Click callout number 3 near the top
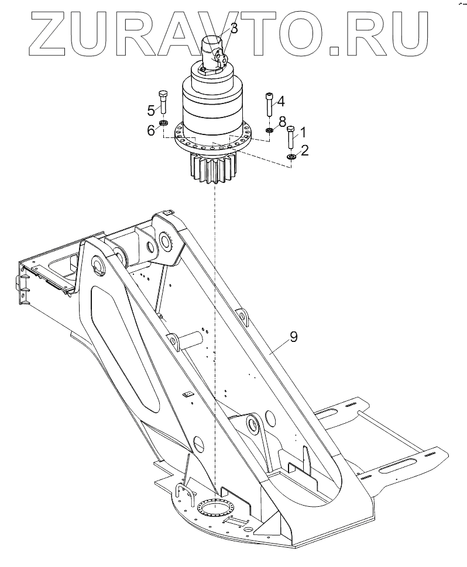(x=233, y=27)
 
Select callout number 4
(x=281, y=101)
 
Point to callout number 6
(x=150, y=130)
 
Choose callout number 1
(x=303, y=132)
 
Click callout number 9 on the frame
(x=294, y=337)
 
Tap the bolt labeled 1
(x=291, y=137)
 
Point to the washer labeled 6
(x=164, y=123)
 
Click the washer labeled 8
(x=269, y=130)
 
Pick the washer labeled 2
(x=291, y=156)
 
